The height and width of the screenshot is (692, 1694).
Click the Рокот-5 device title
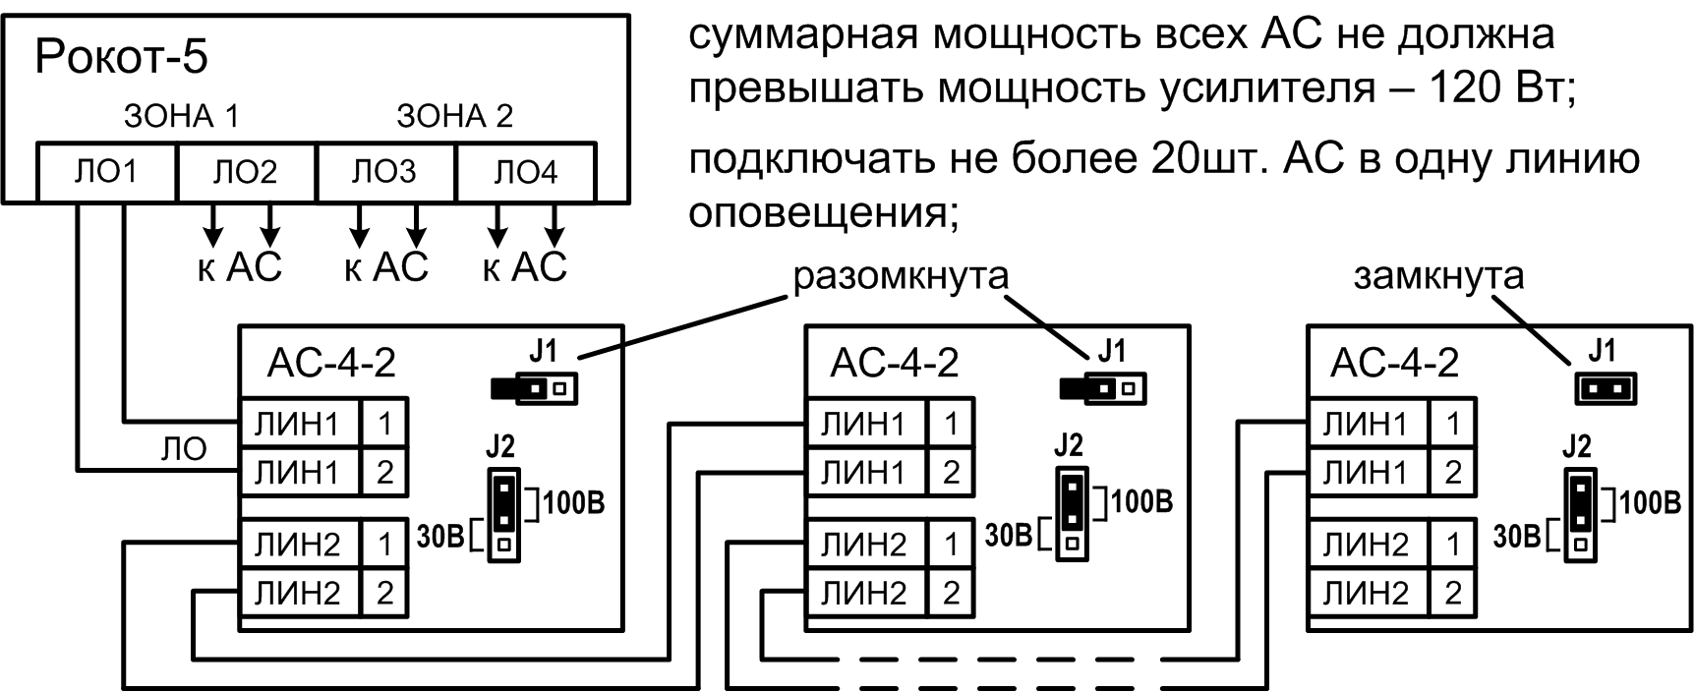(x=121, y=58)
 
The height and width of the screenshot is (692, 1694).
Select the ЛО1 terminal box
(x=106, y=173)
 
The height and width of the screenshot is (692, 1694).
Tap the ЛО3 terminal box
(x=384, y=173)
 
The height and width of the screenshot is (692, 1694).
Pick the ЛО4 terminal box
(x=525, y=173)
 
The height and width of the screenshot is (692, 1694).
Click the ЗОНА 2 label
(x=454, y=116)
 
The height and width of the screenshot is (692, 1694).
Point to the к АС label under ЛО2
(x=239, y=267)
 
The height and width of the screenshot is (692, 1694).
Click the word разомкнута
(x=901, y=276)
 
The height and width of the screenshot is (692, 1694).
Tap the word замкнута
(x=1438, y=276)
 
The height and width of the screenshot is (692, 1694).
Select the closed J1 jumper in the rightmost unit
(x=1605, y=389)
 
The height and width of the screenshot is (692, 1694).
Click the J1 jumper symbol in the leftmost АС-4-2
(x=534, y=388)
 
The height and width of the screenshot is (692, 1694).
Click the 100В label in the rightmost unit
(x=1650, y=503)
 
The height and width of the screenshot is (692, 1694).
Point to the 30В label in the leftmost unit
(x=441, y=537)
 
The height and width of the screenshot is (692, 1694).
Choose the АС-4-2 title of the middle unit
(x=894, y=364)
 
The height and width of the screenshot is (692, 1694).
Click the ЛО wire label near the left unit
(x=184, y=449)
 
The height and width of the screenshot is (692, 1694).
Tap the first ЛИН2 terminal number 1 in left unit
(x=384, y=544)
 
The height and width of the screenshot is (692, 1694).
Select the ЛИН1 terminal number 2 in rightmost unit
(x=1452, y=473)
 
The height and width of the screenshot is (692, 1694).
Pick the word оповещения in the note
(x=816, y=210)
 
